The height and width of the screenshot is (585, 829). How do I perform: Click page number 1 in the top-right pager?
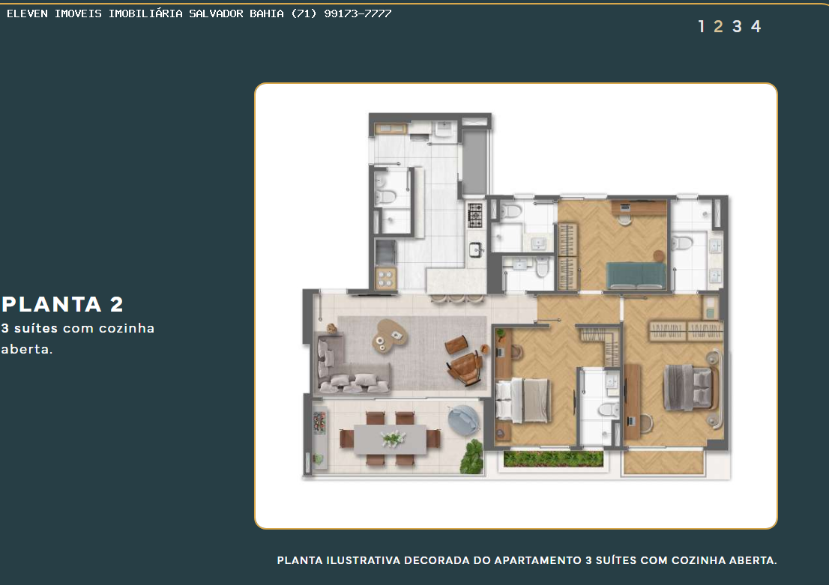(702, 26)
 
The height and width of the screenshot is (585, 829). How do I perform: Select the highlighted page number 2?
(718, 26)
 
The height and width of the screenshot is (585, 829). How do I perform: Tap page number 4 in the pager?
(756, 26)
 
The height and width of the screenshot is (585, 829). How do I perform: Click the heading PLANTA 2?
(62, 304)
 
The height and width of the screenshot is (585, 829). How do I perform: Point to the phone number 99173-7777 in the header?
(358, 13)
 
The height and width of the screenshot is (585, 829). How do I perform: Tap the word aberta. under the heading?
(26, 349)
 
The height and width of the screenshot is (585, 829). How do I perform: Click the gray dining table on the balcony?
(391, 439)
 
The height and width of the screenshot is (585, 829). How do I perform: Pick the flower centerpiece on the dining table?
(393, 438)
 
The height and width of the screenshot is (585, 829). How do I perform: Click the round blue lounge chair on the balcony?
(464, 420)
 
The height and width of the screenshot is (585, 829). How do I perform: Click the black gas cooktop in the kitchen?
(475, 216)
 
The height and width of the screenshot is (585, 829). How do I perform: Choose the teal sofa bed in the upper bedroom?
(636, 276)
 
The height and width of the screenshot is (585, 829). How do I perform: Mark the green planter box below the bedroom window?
(553, 458)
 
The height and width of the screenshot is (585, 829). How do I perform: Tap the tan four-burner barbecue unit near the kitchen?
(385, 278)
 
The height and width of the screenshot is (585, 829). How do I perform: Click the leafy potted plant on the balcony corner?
(471, 457)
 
